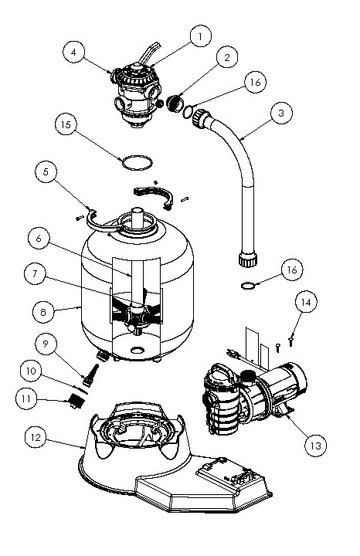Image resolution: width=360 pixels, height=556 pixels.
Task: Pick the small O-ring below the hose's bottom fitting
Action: pyautogui.click(x=247, y=287)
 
